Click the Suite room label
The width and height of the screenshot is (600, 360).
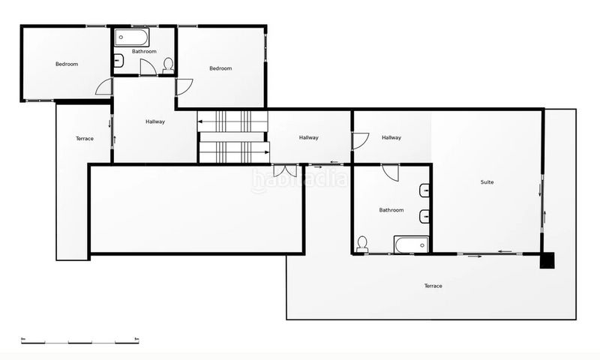pos(487,182)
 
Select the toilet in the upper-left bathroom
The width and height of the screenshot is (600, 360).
pos(168,64)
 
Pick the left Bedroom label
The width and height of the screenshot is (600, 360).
pos(67,64)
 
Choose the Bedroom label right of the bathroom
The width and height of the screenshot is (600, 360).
pos(220,69)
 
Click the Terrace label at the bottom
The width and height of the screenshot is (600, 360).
pos(433,286)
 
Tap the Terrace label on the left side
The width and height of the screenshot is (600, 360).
pos(85,139)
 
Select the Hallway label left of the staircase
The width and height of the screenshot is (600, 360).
pos(155,121)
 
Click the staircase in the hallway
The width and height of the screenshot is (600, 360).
pos(232,136)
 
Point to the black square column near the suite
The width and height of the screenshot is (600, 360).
pos(548,259)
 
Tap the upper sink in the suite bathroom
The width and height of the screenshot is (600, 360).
pos(424,189)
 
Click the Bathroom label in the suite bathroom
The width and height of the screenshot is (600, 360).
pos(391,210)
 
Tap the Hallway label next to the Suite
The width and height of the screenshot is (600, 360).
pos(391,137)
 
